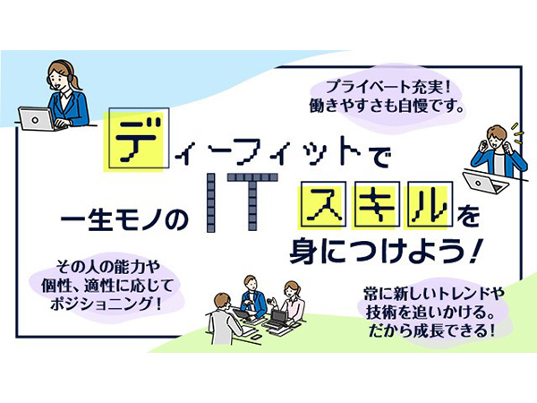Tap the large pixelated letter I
(211, 203)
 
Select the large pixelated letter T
(252, 202)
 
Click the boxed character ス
(321, 205)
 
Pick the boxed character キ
(375, 205)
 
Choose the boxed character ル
(430, 205)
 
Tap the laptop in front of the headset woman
(36, 118)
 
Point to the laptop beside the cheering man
(485, 182)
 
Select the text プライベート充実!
(387, 87)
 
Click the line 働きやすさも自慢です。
(387, 105)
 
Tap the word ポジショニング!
(106, 304)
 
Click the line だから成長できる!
(431, 330)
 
